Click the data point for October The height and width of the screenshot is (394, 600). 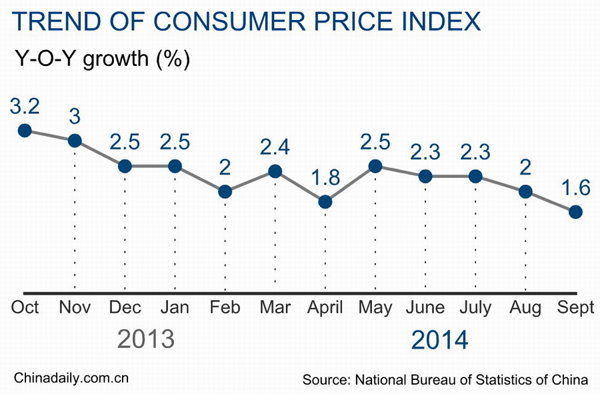click(25, 130)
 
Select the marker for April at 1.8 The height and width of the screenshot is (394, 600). click(325, 201)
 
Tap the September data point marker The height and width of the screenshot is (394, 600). click(576, 211)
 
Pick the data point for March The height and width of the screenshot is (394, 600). click(275, 171)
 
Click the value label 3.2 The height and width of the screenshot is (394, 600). click(25, 106)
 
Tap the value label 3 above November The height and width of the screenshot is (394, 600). click(75, 115)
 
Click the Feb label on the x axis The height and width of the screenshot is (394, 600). click(225, 307)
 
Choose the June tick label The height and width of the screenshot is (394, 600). click(425, 307)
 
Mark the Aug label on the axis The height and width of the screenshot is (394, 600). click(525, 307)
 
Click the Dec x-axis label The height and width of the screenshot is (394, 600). click(125, 307)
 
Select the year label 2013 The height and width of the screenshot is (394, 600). click(145, 339)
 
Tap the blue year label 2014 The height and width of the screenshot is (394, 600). click(439, 339)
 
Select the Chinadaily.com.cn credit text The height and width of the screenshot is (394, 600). click(71, 378)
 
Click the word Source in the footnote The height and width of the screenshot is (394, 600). click(325, 379)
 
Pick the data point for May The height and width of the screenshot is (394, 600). click(375, 166)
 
